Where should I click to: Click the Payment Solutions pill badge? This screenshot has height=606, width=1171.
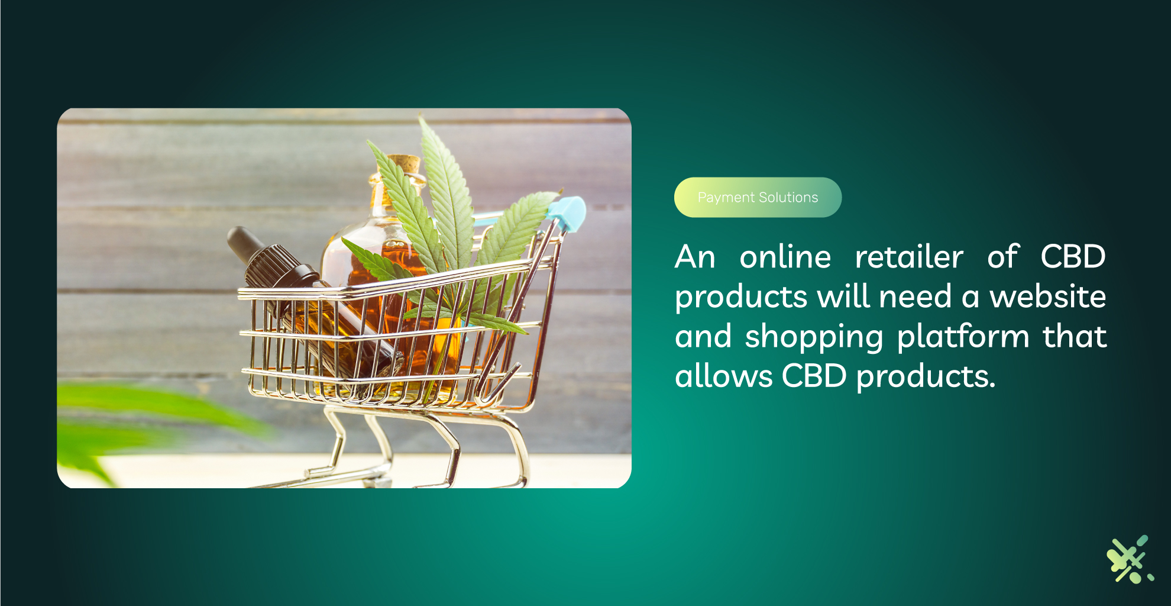(x=758, y=197)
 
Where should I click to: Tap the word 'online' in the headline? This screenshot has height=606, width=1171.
(x=785, y=257)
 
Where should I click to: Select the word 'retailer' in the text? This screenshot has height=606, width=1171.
(x=909, y=257)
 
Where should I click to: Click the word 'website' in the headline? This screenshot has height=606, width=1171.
(x=1048, y=296)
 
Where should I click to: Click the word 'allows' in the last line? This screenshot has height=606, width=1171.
(x=724, y=376)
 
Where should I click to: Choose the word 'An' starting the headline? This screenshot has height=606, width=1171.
(x=696, y=257)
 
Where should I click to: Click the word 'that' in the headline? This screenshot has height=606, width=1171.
(x=1075, y=336)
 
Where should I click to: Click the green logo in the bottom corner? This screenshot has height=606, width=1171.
(x=1130, y=559)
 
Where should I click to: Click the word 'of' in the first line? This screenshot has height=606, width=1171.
(x=1003, y=257)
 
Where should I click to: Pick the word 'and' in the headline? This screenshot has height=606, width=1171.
(x=704, y=336)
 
